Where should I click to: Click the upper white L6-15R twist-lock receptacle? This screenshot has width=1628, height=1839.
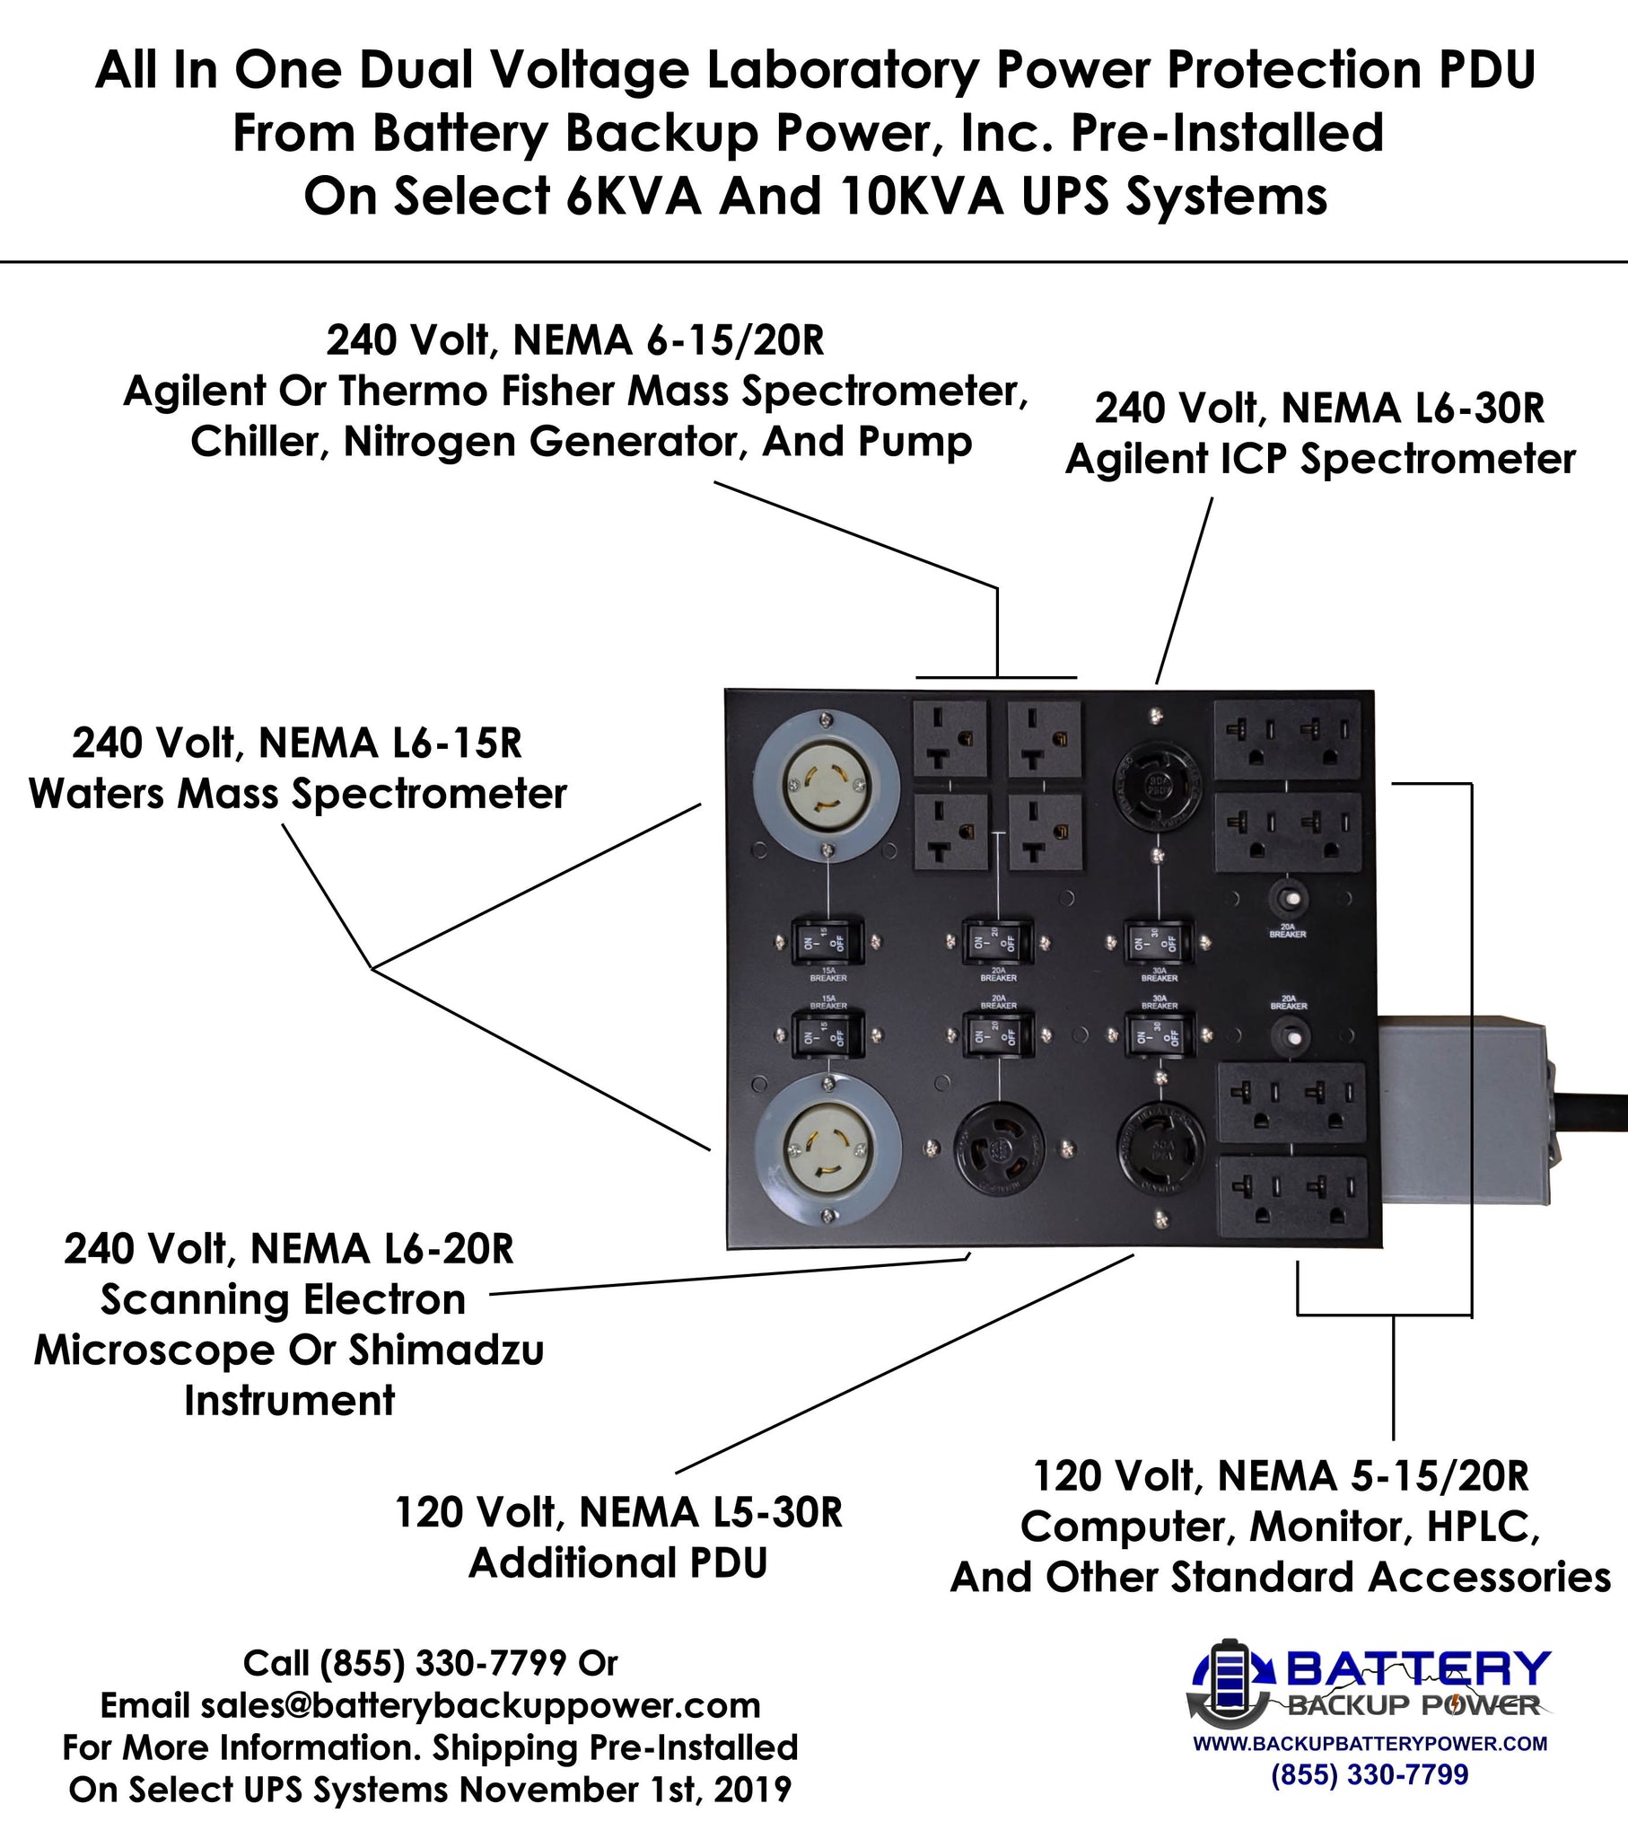[x=826, y=786]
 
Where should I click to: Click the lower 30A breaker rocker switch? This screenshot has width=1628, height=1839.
[x=1160, y=1037]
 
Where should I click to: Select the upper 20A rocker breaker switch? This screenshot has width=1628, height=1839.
[x=996, y=942]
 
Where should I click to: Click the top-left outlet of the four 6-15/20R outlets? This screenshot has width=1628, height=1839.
[x=950, y=740]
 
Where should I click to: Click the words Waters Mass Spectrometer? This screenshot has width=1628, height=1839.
[x=298, y=794]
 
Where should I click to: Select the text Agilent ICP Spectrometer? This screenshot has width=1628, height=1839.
[x=1319, y=459]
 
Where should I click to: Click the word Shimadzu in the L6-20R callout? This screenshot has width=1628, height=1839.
[x=446, y=1351]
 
